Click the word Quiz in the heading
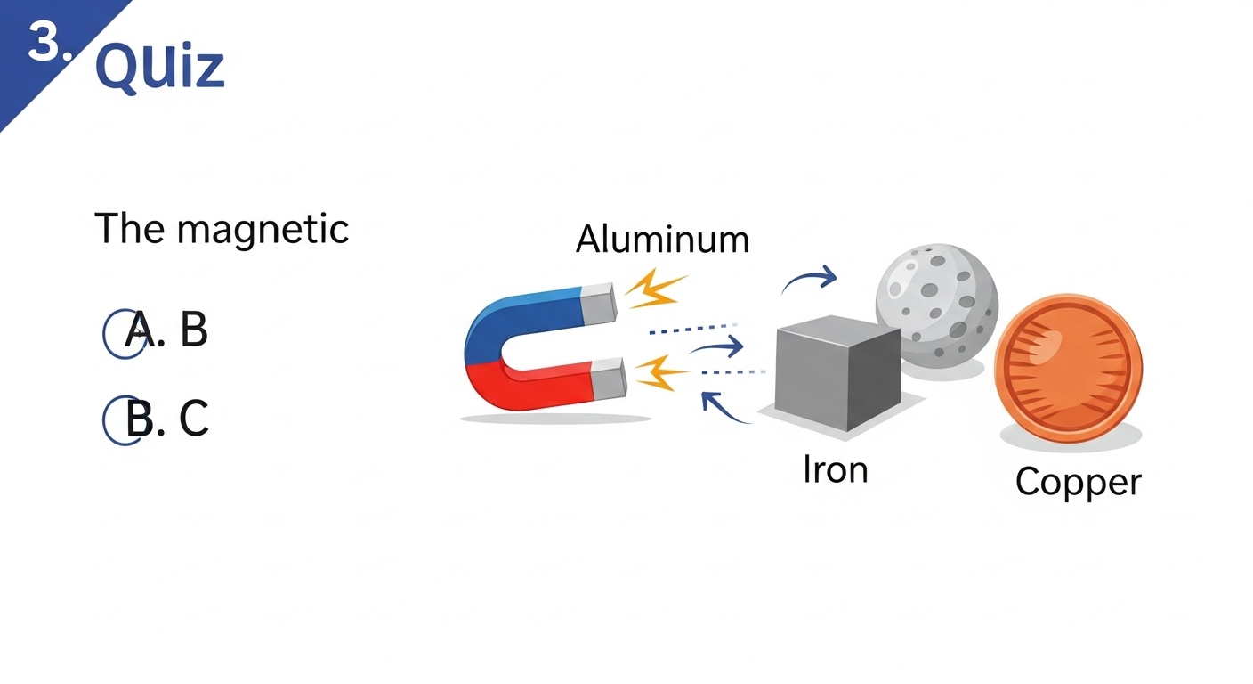[159, 67]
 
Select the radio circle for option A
[123, 334]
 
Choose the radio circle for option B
[123, 420]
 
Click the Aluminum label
[662, 240]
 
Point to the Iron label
[835, 469]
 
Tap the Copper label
[1078, 482]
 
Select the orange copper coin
[1068, 364]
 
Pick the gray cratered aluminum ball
[937, 303]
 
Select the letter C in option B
[194, 419]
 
